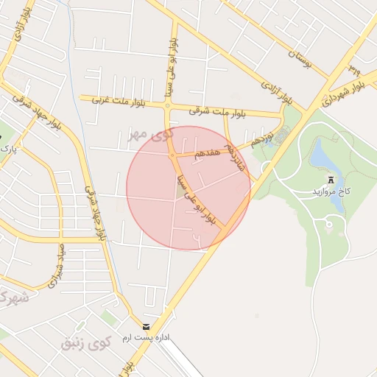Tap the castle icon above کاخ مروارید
[330, 179]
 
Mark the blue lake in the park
[322, 157]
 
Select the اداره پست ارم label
[166, 337]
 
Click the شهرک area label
[13, 297]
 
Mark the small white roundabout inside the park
[329, 222]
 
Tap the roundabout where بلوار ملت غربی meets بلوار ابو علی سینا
[168, 106]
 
